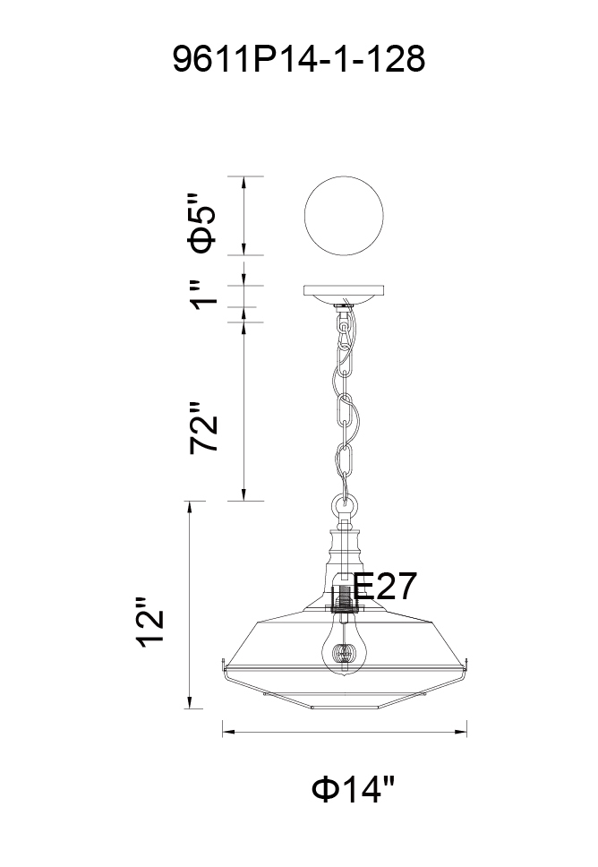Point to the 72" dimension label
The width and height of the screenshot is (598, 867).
203,428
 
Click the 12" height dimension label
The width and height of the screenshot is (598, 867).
150,622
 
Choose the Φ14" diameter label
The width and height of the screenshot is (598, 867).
354,789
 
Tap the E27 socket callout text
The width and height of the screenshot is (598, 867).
385,586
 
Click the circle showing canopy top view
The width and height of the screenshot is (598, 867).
344,216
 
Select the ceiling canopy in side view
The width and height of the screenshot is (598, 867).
344,294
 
